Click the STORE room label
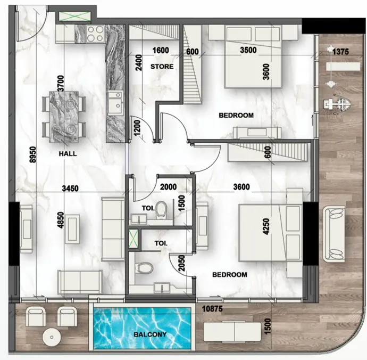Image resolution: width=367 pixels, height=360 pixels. (162, 67)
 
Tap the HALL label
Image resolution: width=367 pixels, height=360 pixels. (68, 154)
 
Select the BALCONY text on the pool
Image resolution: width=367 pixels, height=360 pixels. (150, 334)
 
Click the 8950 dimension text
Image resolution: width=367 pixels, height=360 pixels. (33, 154)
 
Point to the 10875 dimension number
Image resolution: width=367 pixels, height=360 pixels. (212, 309)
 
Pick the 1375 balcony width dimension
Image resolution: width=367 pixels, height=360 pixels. (340, 52)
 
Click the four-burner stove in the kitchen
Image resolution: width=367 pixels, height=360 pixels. (95, 34)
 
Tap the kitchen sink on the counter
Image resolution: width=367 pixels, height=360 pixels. (115, 103)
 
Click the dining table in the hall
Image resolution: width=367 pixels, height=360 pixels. (64, 117)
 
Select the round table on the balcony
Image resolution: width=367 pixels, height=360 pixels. (52, 337)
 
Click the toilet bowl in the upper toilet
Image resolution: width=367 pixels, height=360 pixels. (161, 209)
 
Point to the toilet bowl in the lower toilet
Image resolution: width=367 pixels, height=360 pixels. (144, 268)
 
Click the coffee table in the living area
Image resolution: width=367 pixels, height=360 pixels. (72, 229)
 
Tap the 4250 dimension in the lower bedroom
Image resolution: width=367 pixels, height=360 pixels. (266, 226)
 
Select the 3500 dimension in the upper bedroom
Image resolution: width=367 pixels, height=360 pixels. (248, 50)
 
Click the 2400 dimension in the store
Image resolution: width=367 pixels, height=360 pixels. (139, 63)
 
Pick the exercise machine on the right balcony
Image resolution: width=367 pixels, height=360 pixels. (337, 104)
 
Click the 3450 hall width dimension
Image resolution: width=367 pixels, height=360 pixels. (70, 188)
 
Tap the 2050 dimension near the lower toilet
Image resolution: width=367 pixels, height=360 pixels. (181, 263)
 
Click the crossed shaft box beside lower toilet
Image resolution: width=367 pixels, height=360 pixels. (134, 239)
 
